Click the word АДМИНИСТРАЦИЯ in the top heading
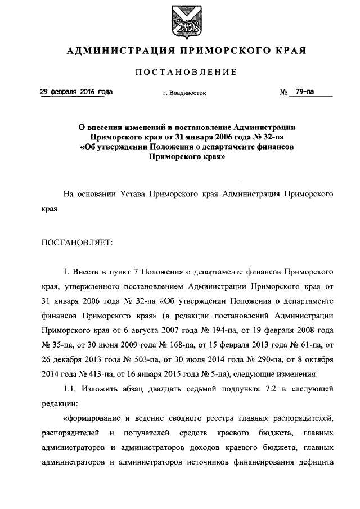coord(115,51)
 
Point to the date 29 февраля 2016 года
coord(76,92)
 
